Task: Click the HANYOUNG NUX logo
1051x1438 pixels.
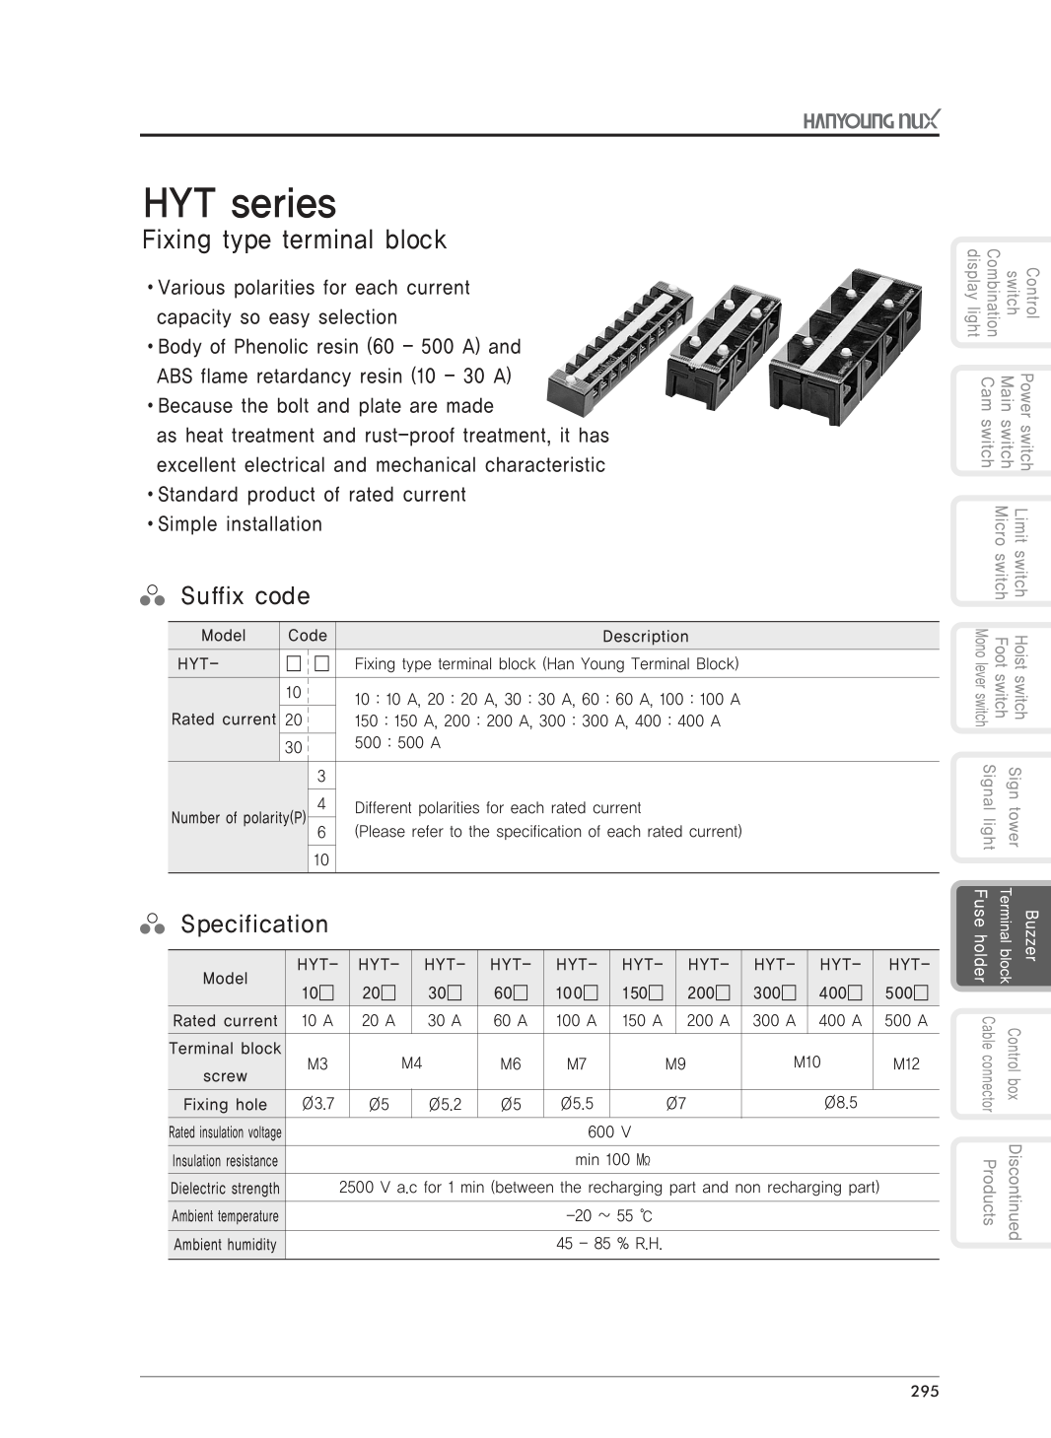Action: pyautogui.click(x=871, y=120)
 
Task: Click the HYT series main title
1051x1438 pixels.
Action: pyautogui.click(x=240, y=203)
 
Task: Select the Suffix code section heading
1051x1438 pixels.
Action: pyautogui.click(x=245, y=596)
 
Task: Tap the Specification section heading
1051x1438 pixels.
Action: pyautogui.click(x=253, y=924)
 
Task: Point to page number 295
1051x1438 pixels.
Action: pyautogui.click(x=925, y=1392)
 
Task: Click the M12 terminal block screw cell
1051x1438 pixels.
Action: pyautogui.click(x=905, y=1064)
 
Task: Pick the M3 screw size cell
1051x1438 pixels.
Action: pyautogui.click(x=317, y=1064)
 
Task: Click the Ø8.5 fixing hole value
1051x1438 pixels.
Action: pyautogui.click(x=840, y=1103)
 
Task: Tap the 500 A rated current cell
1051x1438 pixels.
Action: pyautogui.click(x=905, y=1021)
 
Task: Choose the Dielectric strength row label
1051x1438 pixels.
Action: pyautogui.click(x=225, y=1189)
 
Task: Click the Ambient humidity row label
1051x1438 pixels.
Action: pyautogui.click(x=225, y=1245)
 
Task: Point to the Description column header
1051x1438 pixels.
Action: pyautogui.click(x=645, y=637)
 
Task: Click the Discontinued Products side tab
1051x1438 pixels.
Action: pyautogui.click(x=1002, y=1192)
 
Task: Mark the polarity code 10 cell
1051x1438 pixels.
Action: pyautogui.click(x=321, y=859)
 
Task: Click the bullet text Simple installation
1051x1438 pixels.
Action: pyautogui.click(x=240, y=524)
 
